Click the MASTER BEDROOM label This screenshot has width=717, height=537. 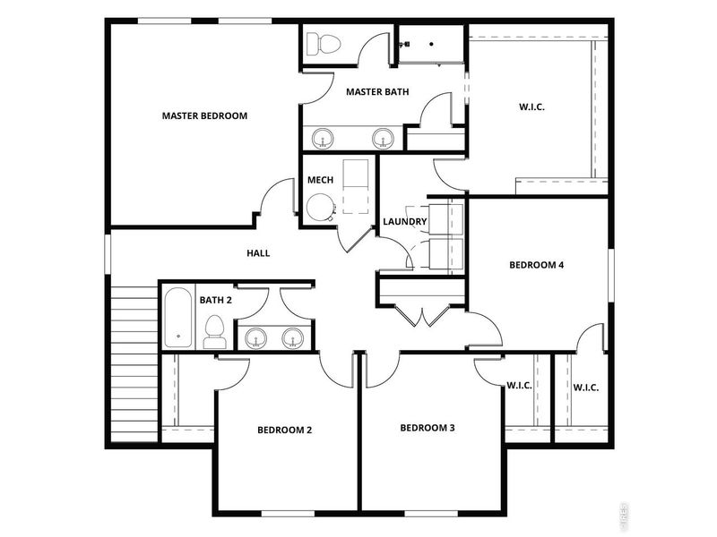204,115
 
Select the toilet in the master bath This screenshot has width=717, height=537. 321,42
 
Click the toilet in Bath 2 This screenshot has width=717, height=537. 214,332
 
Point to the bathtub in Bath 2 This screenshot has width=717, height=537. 178,318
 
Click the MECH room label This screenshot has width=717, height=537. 320,180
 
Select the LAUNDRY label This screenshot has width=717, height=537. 403,222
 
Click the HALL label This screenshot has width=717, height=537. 258,253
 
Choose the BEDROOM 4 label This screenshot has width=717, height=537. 536,265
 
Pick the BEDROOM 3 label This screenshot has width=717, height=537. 428,428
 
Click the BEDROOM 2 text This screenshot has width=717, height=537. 284,430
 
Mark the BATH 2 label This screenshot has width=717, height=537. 216,300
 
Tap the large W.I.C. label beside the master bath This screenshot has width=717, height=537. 531,107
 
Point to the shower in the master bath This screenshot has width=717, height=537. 430,43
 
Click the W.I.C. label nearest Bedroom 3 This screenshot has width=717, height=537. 520,387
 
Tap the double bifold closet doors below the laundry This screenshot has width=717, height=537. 421,314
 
